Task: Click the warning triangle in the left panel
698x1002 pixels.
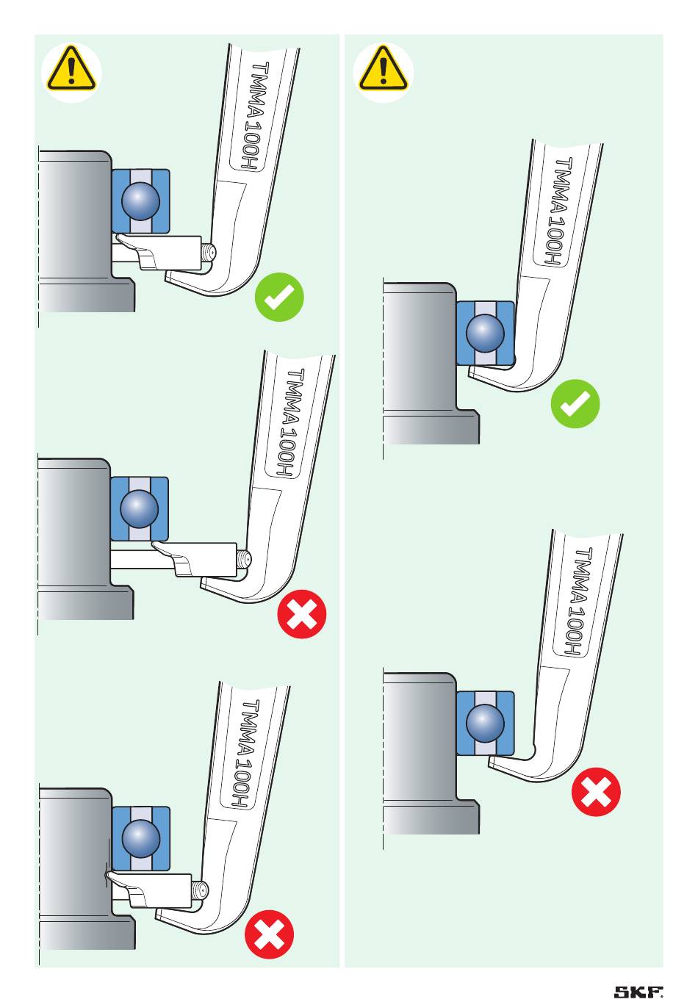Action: point(71,70)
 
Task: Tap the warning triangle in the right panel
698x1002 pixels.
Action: point(382,70)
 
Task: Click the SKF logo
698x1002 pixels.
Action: point(638,992)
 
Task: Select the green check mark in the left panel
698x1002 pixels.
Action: point(279,297)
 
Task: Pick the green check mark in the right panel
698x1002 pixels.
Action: point(575,403)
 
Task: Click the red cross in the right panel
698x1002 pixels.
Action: point(596,792)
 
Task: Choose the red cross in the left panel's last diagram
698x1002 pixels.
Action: point(269,935)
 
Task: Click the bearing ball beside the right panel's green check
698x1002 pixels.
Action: point(485,332)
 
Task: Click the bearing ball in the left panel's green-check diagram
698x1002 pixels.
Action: point(140,200)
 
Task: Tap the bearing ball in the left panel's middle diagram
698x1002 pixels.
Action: point(139,508)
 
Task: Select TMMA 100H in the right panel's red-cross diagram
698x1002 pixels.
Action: point(578,602)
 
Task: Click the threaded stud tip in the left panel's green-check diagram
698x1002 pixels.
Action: point(209,253)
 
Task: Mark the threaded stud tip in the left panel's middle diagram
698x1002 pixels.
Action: point(244,561)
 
